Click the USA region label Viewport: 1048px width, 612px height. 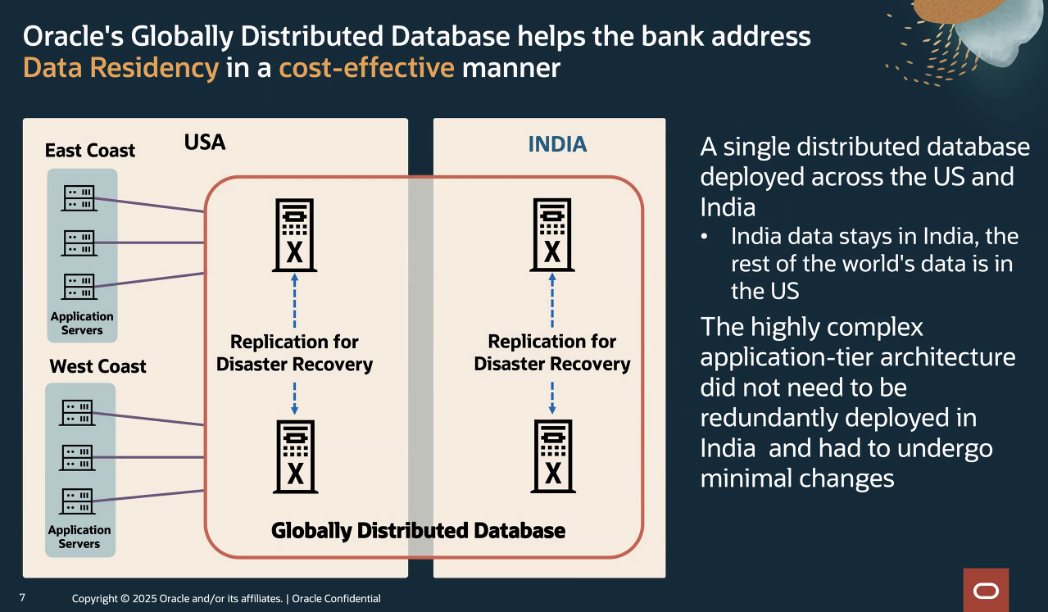(205, 143)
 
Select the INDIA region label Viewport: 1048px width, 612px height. (557, 145)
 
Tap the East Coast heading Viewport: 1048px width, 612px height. (90, 151)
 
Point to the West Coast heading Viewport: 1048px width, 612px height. (98, 366)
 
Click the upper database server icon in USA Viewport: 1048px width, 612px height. (294, 235)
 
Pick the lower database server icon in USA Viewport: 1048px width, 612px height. (295, 456)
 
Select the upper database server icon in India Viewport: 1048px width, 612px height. (552, 235)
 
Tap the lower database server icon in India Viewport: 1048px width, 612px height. (553, 456)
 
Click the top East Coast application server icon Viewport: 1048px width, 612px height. (79, 197)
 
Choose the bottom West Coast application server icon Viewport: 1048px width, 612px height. (78, 501)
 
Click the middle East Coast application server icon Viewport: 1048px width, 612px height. (79, 243)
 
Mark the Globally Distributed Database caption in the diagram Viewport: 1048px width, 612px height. (418, 531)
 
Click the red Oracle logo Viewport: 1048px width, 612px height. (986, 591)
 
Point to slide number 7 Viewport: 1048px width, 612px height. (22, 598)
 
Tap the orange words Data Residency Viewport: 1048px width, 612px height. (120, 67)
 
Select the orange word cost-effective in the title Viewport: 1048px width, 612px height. (366, 67)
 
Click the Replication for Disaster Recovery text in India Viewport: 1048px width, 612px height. (552, 352)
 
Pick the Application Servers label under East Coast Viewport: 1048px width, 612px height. (82, 324)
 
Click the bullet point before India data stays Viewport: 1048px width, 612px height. (705, 237)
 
